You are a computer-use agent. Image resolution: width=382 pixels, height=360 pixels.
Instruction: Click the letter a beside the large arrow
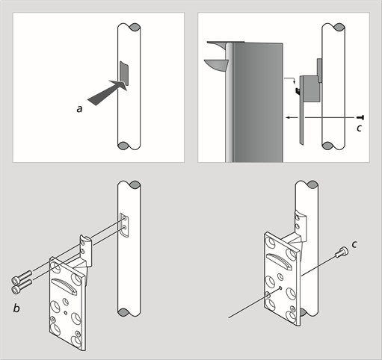pyautogui.click(x=79, y=109)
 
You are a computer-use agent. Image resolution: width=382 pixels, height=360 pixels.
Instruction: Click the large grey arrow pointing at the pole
pyautogui.click(x=107, y=93)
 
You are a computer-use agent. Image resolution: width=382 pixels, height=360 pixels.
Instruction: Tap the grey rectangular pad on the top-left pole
pyautogui.click(x=124, y=73)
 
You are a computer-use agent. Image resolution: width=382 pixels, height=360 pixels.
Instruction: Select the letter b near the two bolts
pyautogui.click(x=16, y=308)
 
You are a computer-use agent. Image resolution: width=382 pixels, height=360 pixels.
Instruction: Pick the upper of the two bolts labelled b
pyautogui.click(x=22, y=277)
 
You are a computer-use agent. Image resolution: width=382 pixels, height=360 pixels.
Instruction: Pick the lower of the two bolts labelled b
pyautogui.click(x=22, y=286)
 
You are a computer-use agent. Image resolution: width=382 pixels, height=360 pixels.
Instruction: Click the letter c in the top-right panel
pyautogui.click(x=359, y=128)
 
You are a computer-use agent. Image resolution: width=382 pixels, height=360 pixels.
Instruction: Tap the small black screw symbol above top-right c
pyautogui.click(x=360, y=117)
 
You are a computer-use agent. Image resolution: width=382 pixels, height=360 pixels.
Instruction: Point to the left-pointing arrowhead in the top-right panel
pyautogui.click(x=289, y=117)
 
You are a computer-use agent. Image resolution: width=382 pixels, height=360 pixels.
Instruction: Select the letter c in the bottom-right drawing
pyautogui.click(x=354, y=244)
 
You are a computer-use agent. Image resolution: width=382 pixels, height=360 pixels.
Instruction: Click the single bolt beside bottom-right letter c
pyautogui.click(x=342, y=252)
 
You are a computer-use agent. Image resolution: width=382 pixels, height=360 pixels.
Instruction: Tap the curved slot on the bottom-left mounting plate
pyautogui.click(x=64, y=286)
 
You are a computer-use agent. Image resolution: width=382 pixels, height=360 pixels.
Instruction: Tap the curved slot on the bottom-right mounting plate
pyautogui.click(x=280, y=261)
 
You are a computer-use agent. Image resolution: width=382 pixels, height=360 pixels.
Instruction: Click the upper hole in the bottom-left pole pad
pyautogui.click(x=125, y=218)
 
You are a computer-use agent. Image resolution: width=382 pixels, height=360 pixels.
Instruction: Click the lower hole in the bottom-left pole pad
pyautogui.click(x=125, y=227)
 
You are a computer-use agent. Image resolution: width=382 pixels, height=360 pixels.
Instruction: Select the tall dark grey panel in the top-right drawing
pyautogui.click(x=258, y=102)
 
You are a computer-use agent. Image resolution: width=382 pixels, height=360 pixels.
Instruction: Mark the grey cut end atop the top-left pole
pyautogui.click(x=135, y=27)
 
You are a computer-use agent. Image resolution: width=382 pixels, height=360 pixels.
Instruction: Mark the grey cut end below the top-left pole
pyautogui.click(x=123, y=146)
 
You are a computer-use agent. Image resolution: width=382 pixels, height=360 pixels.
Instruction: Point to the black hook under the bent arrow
pyautogui.click(x=298, y=91)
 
